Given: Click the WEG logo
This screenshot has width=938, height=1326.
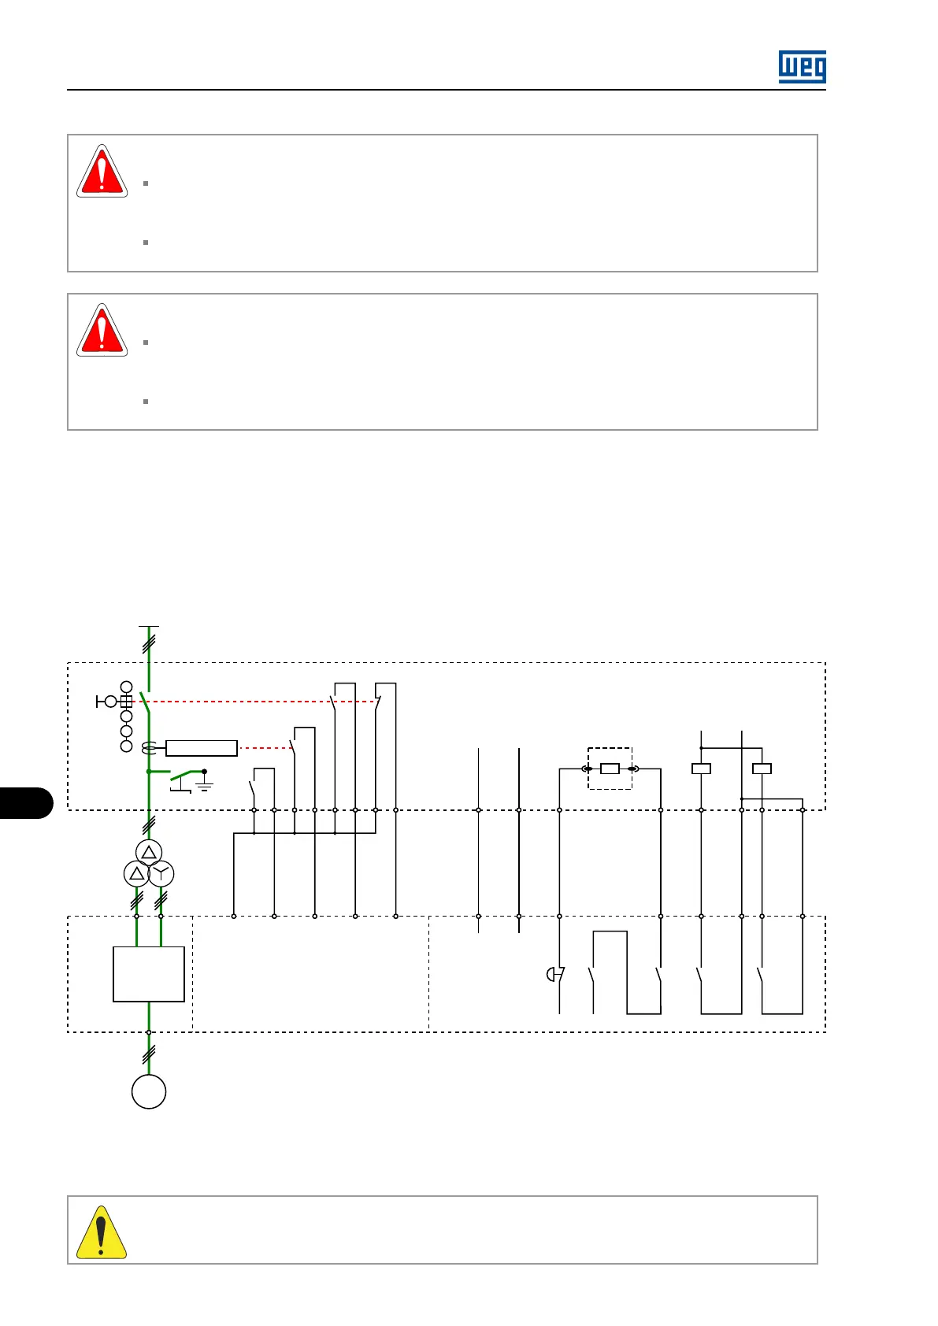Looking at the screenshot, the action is pyautogui.click(x=802, y=67).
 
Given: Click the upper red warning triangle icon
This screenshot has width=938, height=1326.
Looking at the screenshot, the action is pyautogui.click(x=102, y=171).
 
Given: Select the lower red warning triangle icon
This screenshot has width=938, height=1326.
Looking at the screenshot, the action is pyautogui.click(x=102, y=330).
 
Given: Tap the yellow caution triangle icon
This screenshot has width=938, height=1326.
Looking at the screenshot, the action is pyautogui.click(x=101, y=1232).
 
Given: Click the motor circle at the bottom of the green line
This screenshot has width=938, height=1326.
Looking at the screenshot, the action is pyautogui.click(x=149, y=1091).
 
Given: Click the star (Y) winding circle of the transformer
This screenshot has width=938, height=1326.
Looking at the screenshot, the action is pyautogui.click(x=161, y=873).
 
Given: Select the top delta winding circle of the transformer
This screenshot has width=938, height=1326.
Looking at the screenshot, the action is pyautogui.click(x=149, y=853).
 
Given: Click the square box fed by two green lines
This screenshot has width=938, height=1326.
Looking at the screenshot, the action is pyautogui.click(x=149, y=974).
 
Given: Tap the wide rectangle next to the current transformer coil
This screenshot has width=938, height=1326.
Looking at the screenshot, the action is pyautogui.click(x=202, y=748).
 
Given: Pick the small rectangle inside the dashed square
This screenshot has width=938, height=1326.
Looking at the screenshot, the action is pyautogui.click(x=610, y=769).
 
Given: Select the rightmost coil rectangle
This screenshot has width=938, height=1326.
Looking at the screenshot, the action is pyautogui.click(x=762, y=769).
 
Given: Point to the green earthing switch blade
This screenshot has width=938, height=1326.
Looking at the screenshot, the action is pyautogui.click(x=184, y=775).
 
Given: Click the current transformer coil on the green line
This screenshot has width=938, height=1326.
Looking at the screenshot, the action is pyautogui.click(x=149, y=748).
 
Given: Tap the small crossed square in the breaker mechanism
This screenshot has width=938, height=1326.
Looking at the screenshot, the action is pyautogui.click(x=126, y=701).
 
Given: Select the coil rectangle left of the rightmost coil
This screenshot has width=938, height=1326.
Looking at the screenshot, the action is pyautogui.click(x=701, y=769).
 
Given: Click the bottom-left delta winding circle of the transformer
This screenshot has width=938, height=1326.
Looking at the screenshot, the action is pyautogui.click(x=136, y=873).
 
